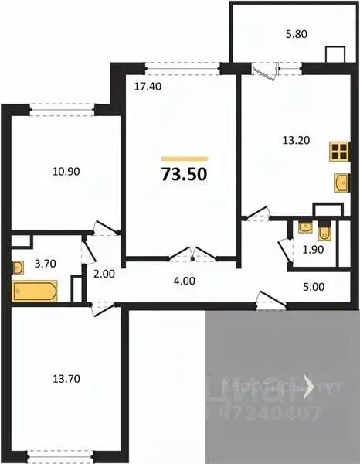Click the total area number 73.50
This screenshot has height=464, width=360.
[184, 174]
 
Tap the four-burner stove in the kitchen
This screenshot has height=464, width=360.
[338, 150]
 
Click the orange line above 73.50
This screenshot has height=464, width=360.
[184, 158]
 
